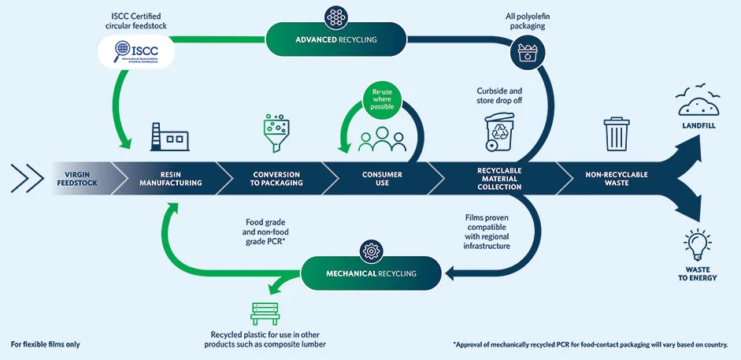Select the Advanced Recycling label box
[x=336, y=39]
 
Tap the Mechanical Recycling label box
[x=370, y=273]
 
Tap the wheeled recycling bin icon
[x=498, y=132]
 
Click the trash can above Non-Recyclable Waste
[x=615, y=133]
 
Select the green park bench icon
[x=265, y=313]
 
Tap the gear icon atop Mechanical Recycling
[x=370, y=251]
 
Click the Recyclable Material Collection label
[x=499, y=178]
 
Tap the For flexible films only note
[x=45, y=344]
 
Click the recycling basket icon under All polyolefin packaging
[x=526, y=54]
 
